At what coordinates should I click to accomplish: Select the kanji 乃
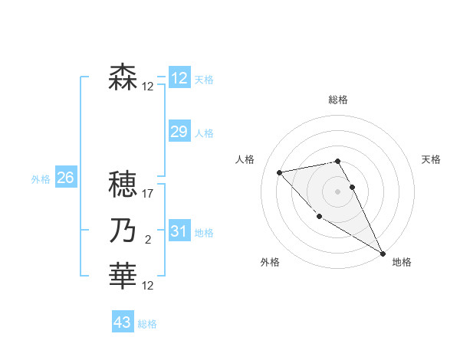[123, 231]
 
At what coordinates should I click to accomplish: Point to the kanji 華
[123, 276]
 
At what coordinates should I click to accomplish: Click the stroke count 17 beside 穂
[148, 194]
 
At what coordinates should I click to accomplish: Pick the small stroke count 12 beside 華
[148, 286]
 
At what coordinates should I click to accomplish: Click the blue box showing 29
[179, 132]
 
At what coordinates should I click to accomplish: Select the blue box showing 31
[179, 231]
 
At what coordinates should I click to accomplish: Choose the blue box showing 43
[123, 322]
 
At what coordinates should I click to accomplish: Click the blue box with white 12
[179, 78]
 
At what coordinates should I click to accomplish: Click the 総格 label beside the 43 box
[147, 324]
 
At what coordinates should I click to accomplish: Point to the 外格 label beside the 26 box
[41, 179]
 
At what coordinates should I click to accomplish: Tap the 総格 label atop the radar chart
[338, 100]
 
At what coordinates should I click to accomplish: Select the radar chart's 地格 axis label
[402, 262]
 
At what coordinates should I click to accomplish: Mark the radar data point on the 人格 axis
[280, 172]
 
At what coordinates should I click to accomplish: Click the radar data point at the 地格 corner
[383, 254]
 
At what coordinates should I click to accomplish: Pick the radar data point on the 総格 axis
[338, 161]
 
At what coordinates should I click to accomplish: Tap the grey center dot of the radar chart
[338, 191]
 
